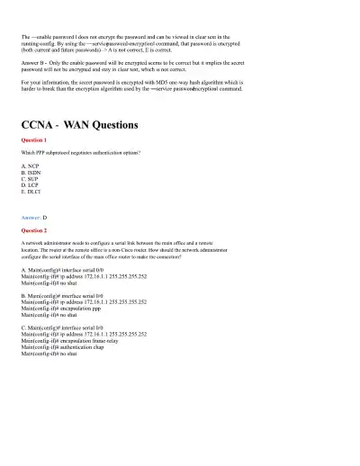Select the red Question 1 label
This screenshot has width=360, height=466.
[34, 141]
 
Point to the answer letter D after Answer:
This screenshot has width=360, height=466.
[45, 218]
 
